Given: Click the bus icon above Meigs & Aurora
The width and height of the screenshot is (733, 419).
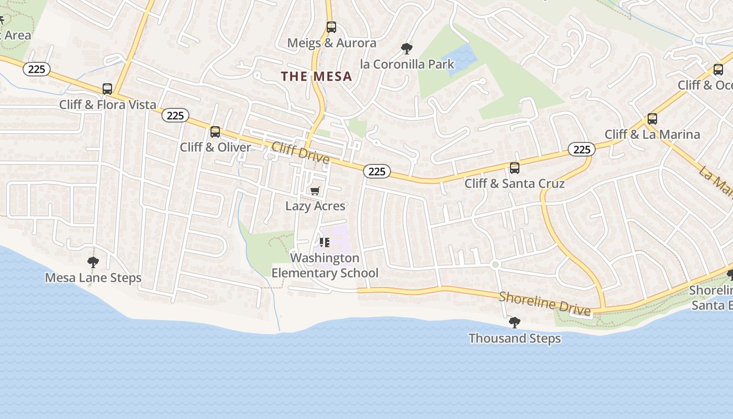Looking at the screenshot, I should tap(331, 27).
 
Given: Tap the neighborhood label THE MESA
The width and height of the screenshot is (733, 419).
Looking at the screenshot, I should tap(316, 76).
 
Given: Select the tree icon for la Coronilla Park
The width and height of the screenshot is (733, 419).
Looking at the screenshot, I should tap(406, 49).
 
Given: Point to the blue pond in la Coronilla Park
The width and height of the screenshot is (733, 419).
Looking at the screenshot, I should tap(460, 57).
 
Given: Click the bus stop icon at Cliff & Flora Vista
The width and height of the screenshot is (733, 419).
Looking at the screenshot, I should tap(107, 89).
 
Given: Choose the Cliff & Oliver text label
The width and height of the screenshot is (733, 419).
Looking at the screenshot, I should tap(215, 147).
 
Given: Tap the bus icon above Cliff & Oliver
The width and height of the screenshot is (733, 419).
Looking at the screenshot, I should tap(215, 132).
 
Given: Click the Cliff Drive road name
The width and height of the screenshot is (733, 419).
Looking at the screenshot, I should tap(300, 152).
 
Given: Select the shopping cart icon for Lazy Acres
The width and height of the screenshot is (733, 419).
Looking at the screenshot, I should tap(315, 191).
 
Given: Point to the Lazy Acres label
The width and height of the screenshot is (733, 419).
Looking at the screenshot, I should tap(315, 206).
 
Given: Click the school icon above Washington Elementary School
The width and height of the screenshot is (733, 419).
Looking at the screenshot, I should tap(324, 242).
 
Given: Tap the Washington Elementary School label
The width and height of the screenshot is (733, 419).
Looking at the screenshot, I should tap(325, 266).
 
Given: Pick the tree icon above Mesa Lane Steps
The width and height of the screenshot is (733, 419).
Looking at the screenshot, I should tap(93, 262).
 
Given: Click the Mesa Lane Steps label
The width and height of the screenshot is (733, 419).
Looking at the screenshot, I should tap(93, 278).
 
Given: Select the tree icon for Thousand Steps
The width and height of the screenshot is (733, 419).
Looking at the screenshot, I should tap(514, 323).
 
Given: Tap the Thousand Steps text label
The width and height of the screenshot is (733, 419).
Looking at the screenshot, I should tap(514, 338).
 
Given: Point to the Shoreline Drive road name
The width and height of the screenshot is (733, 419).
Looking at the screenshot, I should tap(545, 304).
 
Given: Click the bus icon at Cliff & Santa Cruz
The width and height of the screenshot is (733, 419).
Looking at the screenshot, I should tap(514, 168).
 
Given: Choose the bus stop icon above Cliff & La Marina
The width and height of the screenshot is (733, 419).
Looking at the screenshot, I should tap(652, 119).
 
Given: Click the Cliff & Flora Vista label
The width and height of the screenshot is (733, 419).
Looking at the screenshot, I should tap(107, 104).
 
